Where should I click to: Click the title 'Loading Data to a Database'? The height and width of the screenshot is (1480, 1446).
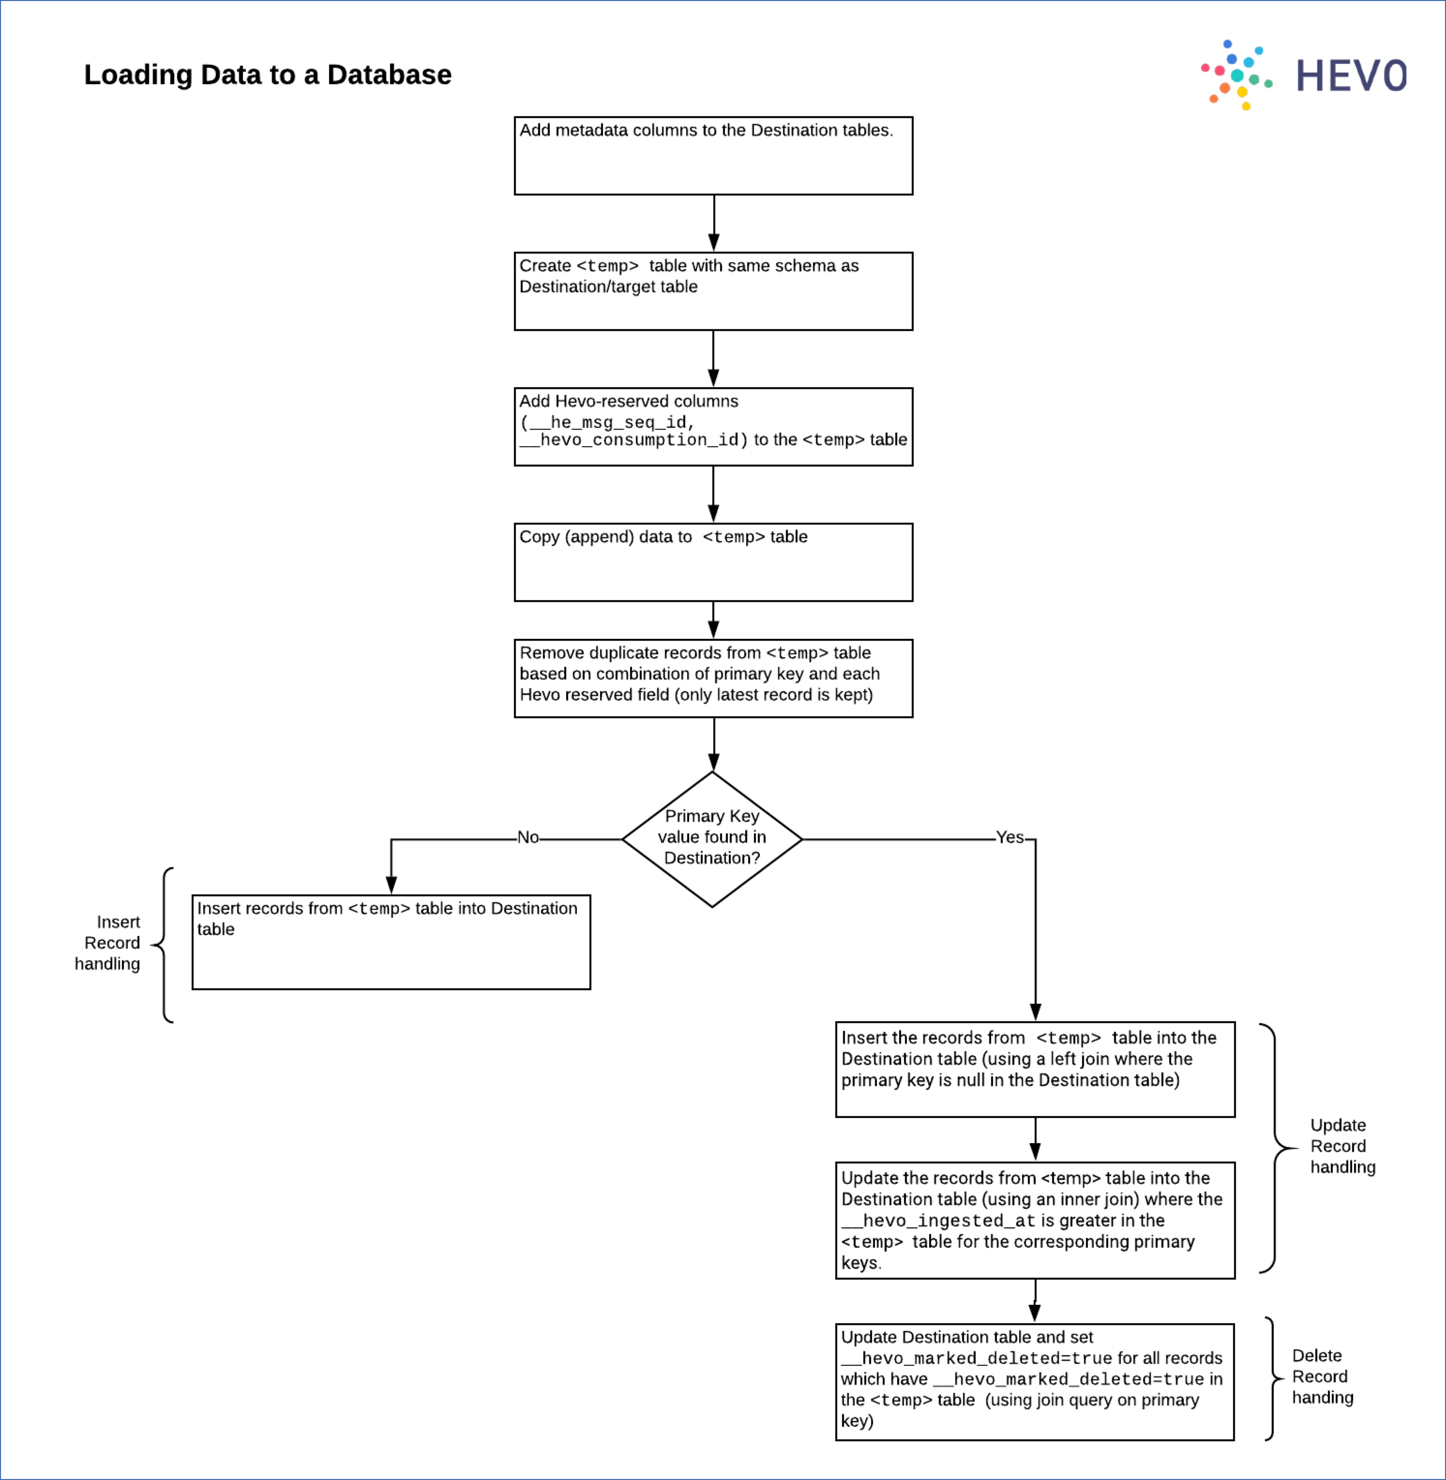click(267, 75)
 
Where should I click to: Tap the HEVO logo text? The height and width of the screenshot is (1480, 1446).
click(1351, 76)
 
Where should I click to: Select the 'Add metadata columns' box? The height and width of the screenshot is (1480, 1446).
click(713, 156)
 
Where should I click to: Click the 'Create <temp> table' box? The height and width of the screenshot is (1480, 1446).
click(713, 291)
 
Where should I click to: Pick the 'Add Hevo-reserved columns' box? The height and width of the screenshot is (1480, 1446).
click(713, 427)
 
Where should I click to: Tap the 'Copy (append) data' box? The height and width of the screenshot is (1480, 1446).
click(713, 562)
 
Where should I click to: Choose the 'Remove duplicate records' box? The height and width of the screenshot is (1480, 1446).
click(713, 678)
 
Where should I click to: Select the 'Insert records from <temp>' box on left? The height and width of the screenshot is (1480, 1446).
click(391, 942)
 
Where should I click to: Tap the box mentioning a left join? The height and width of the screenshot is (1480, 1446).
click(1034, 1069)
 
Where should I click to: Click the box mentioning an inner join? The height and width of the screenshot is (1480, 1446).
click(1034, 1220)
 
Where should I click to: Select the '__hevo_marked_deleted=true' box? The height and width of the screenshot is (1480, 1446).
click(1034, 1381)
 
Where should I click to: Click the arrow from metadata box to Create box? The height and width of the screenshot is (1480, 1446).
click(713, 223)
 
